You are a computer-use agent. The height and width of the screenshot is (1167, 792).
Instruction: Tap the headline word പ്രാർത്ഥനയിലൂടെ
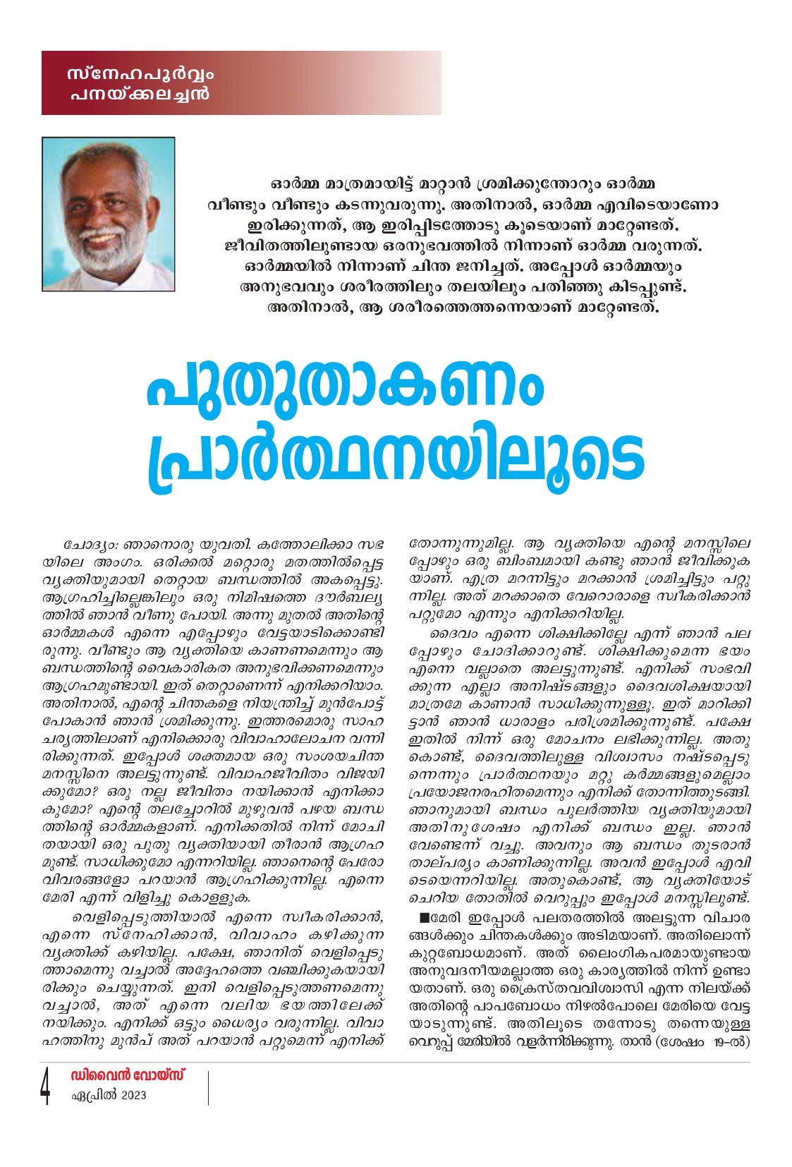tap(396, 457)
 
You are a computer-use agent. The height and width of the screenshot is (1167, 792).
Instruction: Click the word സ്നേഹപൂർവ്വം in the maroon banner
tap(140, 74)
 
